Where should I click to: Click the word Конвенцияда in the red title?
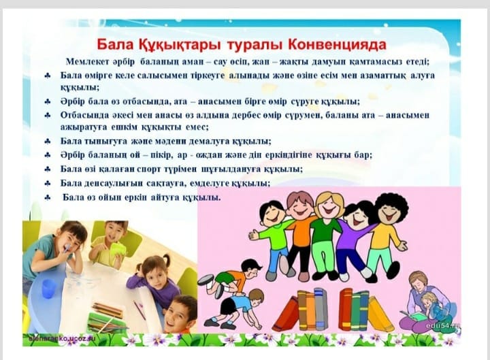337,45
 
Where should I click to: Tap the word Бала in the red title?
115,44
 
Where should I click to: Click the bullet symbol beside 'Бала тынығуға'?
48,142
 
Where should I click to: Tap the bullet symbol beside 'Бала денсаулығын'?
48,183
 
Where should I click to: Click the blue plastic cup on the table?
49,289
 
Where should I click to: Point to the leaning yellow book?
380,314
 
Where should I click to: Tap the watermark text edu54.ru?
442,325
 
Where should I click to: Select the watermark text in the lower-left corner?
62,338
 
